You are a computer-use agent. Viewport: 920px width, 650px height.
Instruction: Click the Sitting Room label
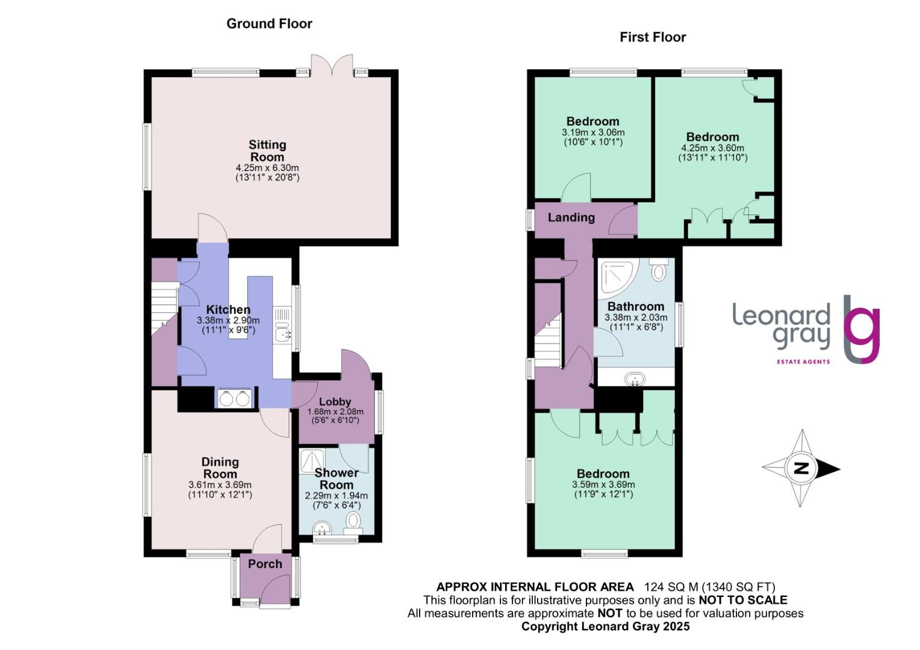click(267, 150)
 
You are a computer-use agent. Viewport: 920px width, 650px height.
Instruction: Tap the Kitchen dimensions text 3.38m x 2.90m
click(228, 321)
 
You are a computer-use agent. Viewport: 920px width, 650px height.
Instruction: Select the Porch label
click(265, 564)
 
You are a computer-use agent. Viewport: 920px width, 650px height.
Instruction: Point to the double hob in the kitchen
click(234, 398)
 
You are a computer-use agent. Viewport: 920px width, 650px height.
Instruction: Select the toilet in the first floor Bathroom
click(659, 270)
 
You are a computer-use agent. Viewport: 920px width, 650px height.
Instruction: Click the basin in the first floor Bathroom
click(635, 379)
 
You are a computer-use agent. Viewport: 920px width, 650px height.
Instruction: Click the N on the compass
click(801, 468)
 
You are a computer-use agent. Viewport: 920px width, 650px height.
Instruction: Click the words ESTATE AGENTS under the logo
click(802, 362)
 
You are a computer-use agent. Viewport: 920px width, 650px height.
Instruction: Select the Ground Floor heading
click(269, 24)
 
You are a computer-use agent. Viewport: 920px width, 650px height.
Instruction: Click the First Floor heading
click(653, 37)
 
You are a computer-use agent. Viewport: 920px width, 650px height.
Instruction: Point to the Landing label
click(571, 217)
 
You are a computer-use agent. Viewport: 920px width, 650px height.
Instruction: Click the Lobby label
click(335, 401)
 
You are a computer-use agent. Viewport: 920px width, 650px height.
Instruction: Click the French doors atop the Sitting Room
click(331, 65)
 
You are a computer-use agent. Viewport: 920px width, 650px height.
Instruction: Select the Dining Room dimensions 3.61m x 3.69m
click(220, 484)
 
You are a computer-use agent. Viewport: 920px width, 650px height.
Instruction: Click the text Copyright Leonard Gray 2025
click(605, 627)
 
